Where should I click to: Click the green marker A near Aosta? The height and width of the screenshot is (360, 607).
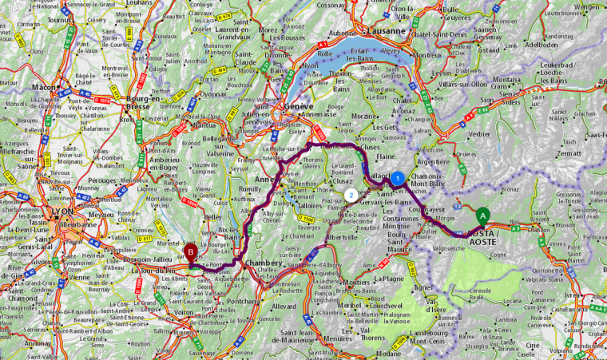482,215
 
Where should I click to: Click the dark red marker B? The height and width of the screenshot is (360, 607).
190,252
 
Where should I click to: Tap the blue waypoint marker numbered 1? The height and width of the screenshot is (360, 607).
395,177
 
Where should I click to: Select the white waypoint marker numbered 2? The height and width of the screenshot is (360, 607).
351,195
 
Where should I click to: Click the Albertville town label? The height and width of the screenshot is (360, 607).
341,237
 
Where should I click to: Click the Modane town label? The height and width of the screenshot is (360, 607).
391,353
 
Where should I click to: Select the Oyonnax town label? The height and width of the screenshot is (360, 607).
212,93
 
